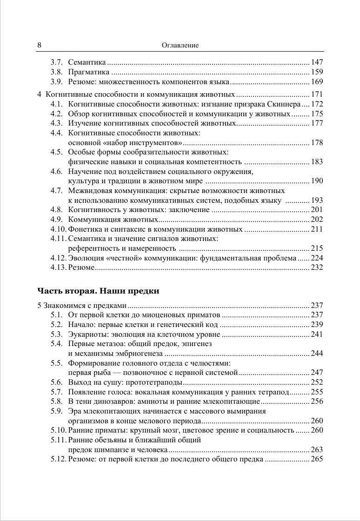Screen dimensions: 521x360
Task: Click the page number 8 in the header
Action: tap(40, 46)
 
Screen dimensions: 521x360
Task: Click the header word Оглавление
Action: tap(180, 46)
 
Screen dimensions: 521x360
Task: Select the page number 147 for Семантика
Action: tap(317, 62)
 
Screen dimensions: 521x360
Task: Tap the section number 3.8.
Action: tap(56, 72)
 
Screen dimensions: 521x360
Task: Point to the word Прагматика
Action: tap(88, 72)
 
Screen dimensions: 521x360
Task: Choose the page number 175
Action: tap(317, 114)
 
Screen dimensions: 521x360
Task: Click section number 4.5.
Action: tap(56, 152)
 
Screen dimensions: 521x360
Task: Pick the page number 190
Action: tap(317, 181)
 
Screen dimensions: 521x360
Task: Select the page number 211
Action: tap(317, 229)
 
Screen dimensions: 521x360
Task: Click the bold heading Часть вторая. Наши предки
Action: tap(98, 291)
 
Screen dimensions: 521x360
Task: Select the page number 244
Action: tap(317, 354)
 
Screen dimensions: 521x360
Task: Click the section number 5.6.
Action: tap(56, 382)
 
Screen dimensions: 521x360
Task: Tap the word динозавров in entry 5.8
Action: tap(113, 401)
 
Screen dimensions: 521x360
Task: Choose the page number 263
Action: tap(317, 450)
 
